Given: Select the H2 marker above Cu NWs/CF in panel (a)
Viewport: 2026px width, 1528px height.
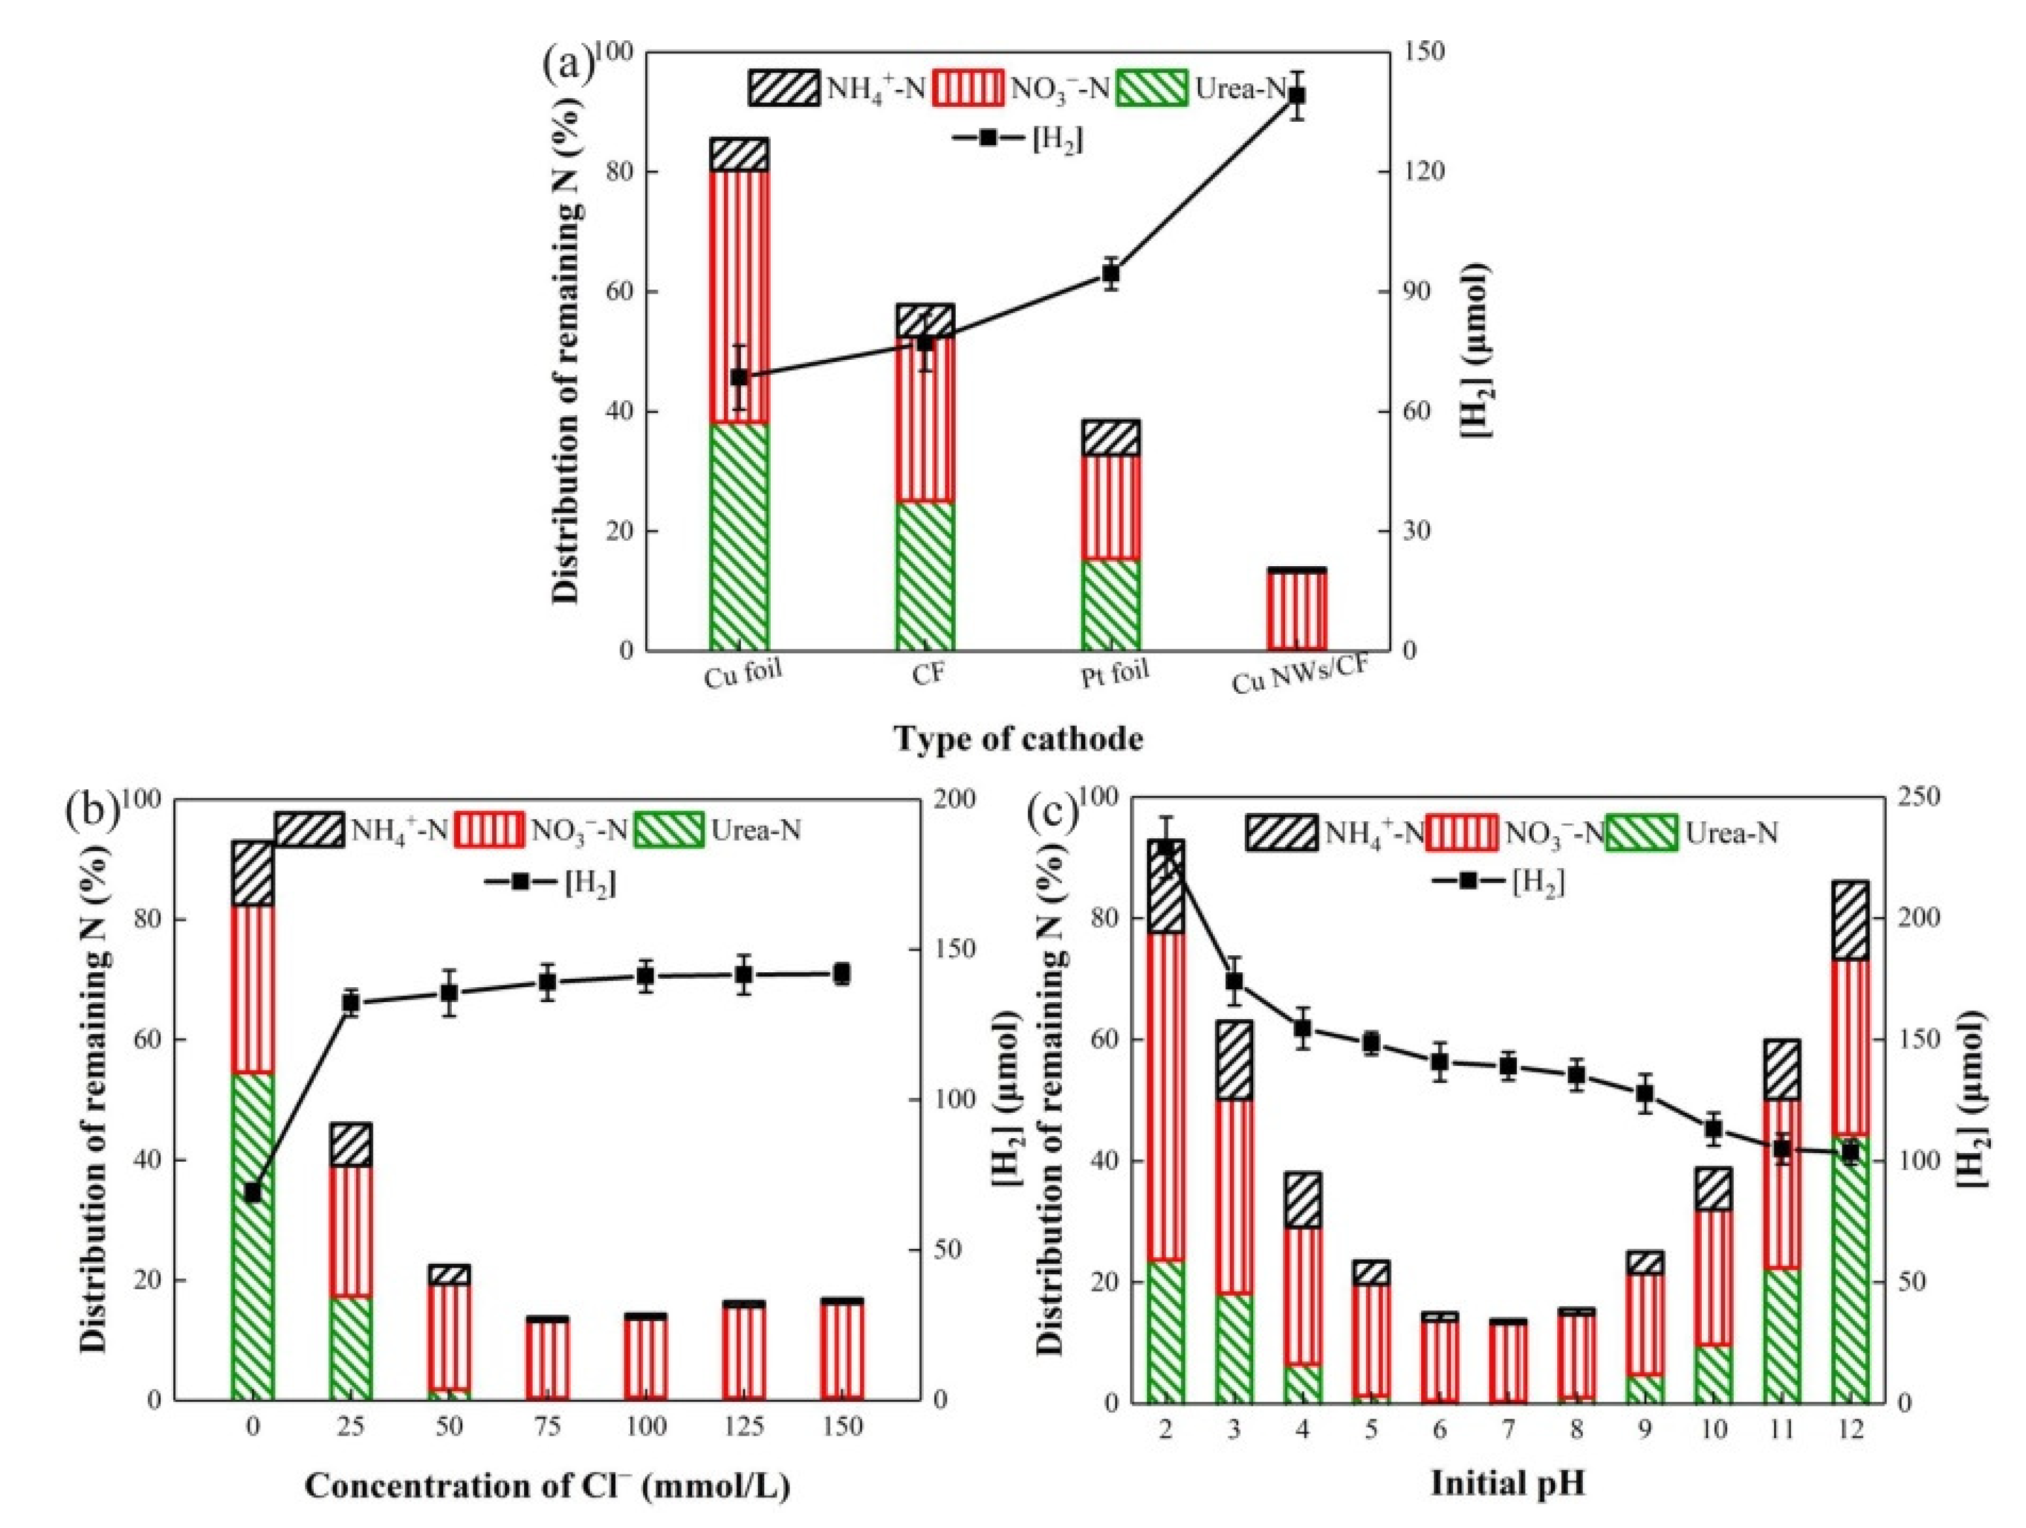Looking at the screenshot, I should point(1297,95).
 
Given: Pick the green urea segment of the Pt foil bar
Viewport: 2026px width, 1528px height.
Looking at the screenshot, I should point(1111,605).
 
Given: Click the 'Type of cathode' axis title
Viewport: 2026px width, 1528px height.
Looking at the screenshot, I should point(1018,738).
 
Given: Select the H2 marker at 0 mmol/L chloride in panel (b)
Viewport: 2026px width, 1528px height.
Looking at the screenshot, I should point(253,1193).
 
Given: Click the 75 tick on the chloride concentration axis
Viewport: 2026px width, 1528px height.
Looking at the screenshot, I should point(547,1426).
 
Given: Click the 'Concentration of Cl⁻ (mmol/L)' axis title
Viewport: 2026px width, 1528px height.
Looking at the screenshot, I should point(547,1485).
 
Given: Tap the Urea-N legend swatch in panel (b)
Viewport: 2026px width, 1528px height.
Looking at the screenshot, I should point(669,830).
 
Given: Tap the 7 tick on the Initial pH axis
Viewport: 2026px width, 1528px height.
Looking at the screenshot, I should point(1508,1429).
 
